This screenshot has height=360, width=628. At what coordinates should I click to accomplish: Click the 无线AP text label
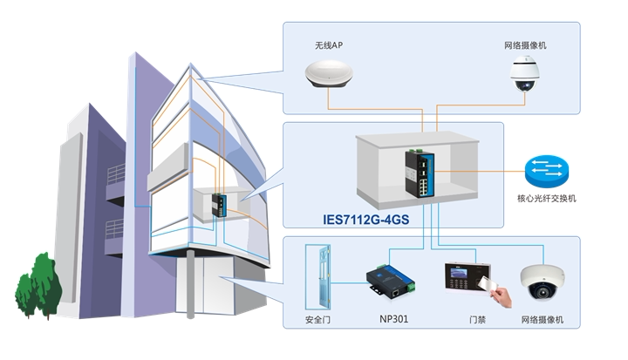point(329,45)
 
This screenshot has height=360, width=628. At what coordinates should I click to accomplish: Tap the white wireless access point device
point(329,74)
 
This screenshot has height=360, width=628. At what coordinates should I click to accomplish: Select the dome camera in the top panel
point(524,74)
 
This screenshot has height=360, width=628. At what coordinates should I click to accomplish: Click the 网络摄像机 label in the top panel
point(525,45)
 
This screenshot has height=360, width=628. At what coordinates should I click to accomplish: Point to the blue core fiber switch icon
point(546,172)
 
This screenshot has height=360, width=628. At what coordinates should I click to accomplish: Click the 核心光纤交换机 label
point(547,198)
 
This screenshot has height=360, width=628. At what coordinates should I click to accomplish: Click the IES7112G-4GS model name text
point(366,220)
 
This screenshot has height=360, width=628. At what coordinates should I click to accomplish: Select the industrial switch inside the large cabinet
point(420,173)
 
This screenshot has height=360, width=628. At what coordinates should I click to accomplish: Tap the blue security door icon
point(318,276)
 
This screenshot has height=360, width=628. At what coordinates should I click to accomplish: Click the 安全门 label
point(317,320)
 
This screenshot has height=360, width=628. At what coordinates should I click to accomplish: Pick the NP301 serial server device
point(391,281)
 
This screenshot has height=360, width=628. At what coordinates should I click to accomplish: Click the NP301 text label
point(393,319)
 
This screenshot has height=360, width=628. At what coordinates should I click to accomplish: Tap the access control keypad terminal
point(467,276)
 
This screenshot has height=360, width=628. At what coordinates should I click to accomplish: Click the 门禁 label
point(477,320)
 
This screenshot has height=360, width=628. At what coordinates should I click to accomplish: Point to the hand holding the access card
point(502,296)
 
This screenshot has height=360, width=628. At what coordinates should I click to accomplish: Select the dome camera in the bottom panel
point(543,282)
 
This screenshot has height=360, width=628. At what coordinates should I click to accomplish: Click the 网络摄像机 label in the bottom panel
point(543,320)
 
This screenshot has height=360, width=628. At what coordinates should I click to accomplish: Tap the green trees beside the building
point(38,286)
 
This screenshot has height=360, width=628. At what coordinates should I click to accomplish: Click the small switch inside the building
point(219,206)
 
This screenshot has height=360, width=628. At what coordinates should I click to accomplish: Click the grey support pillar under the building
point(191,284)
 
